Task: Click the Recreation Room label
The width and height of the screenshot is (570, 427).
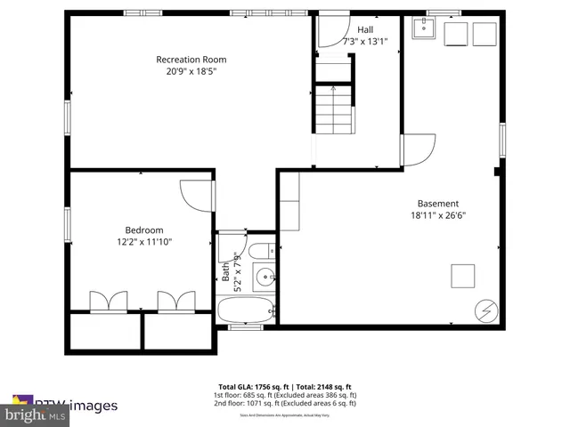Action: point(185,60)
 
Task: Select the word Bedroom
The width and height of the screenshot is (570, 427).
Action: point(144,230)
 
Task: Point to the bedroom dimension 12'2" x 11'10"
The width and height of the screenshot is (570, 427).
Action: point(144,242)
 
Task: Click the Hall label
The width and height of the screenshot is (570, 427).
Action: point(365,29)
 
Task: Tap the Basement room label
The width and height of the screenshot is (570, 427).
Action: point(438,203)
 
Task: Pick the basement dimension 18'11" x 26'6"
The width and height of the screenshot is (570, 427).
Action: point(438,214)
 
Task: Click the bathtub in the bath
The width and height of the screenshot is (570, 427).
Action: point(247,310)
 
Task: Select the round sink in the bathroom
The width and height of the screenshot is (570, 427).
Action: point(263,277)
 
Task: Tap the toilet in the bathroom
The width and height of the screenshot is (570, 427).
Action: point(262,248)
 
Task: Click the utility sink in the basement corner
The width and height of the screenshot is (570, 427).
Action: point(421,32)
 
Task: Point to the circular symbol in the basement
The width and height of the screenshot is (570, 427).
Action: point(486,310)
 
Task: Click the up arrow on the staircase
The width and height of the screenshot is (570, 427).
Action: point(333,90)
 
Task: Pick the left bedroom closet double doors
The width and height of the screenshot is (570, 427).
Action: point(108,302)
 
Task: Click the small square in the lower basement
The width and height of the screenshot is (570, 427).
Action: point(463,276)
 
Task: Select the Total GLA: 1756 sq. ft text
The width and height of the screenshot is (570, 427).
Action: point(250,387)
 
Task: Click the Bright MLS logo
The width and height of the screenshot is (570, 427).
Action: point(36,415)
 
